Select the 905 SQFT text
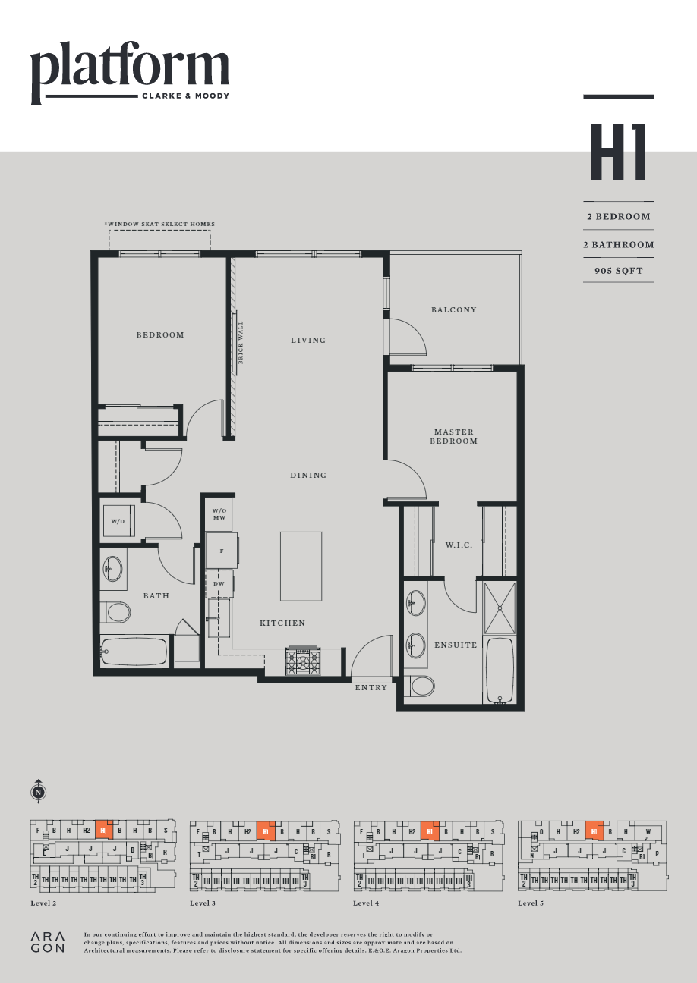(x=618, y=270)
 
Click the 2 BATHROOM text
(x=618, y=244)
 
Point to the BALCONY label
(x=453, y=309)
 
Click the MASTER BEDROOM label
(x=454, y=436)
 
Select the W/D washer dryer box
(x=118, y=521)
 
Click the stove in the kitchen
(x=302, y=661)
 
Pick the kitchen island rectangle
(x=301, y=566)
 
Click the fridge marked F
(x=222, y=551)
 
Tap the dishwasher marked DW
(x=219, y=583)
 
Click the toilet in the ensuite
(x=420, y=686)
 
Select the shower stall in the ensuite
(x=500, y=608)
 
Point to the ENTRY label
(x=371, y=688)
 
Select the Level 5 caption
(x=531, y=903)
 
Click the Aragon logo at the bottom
(x=47, y=941)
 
